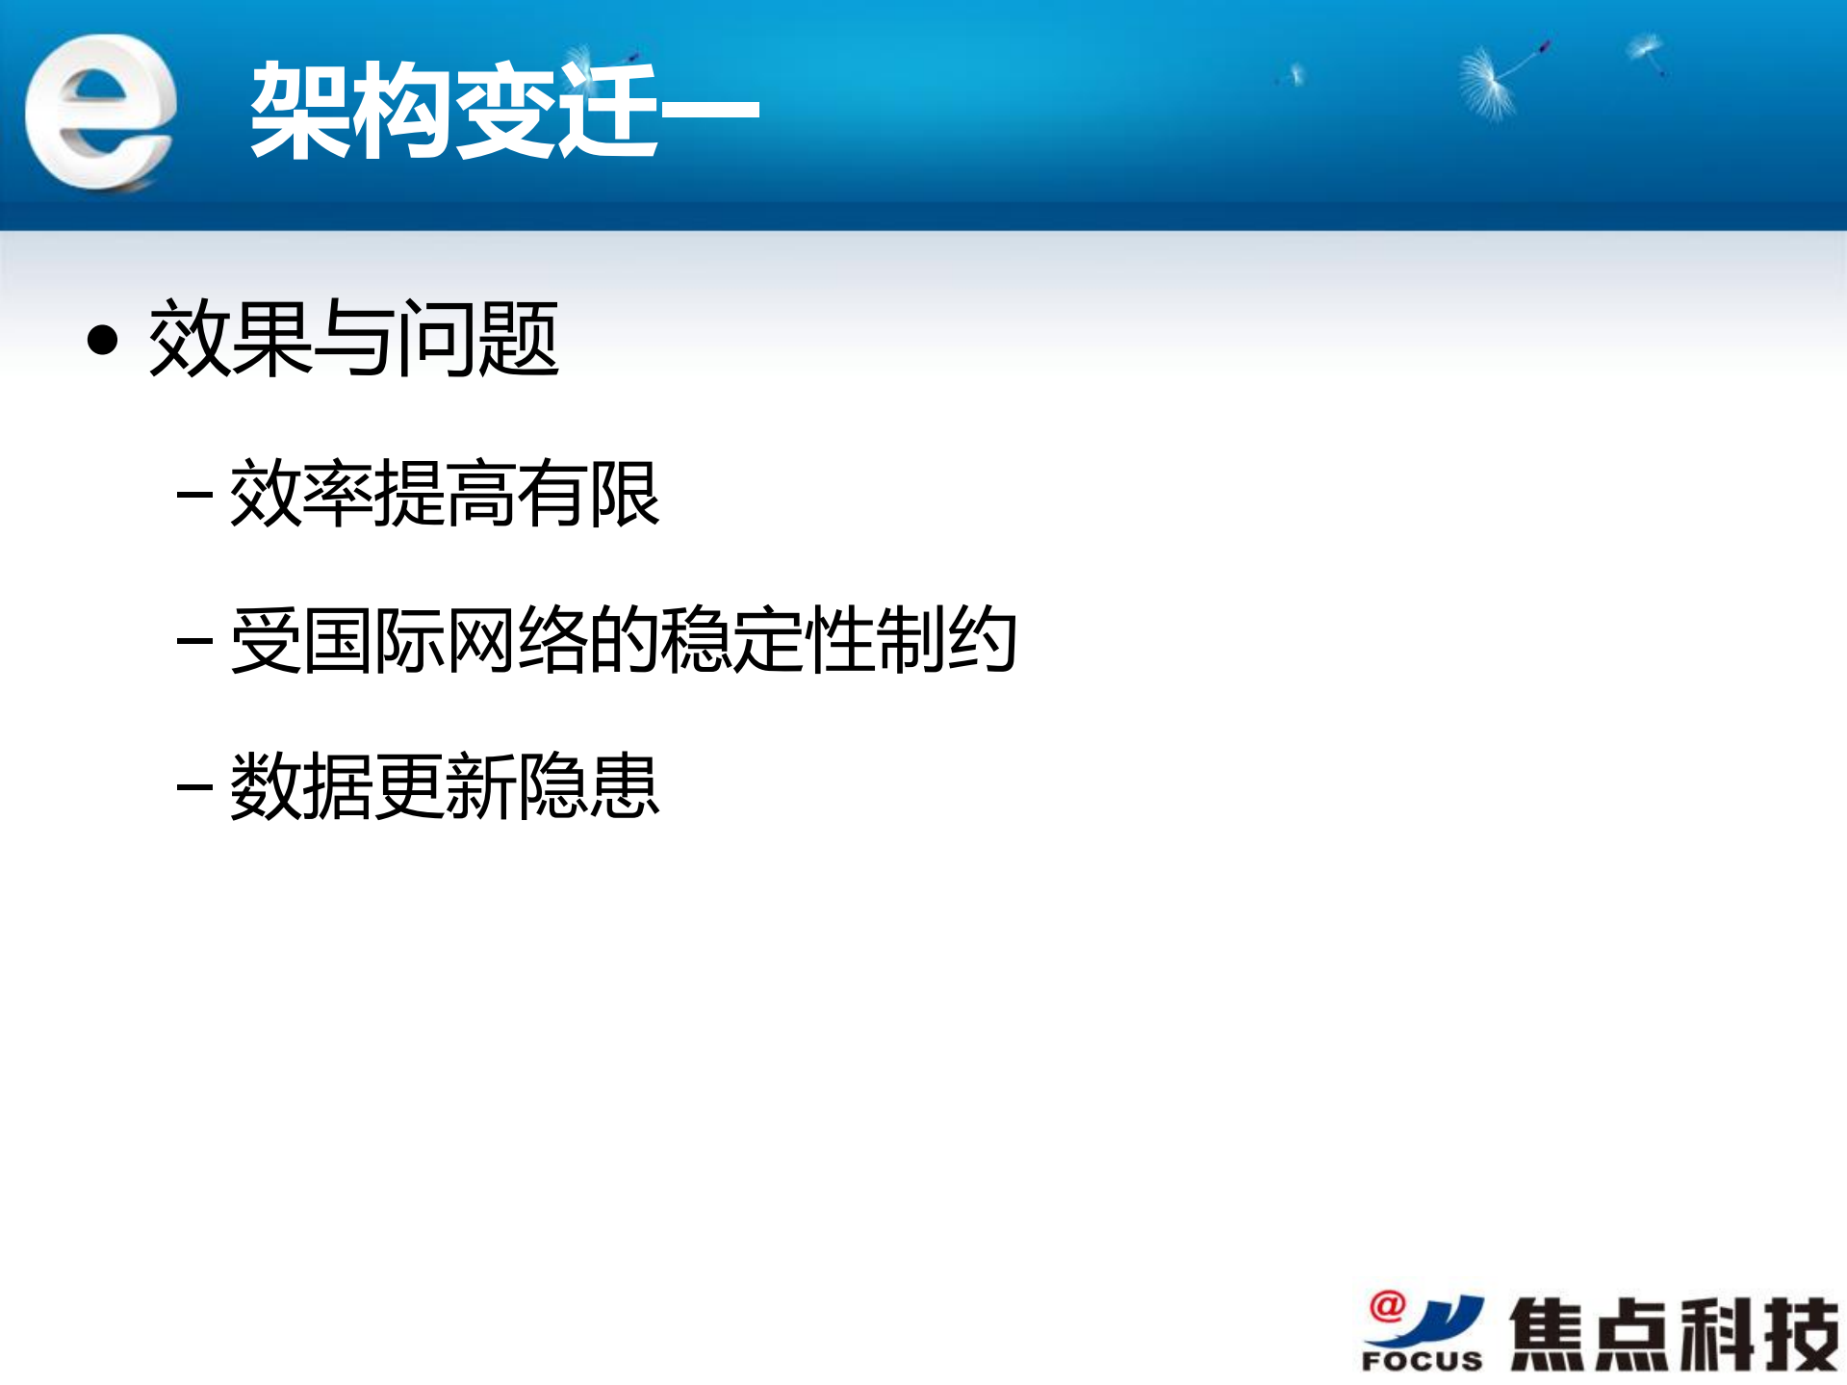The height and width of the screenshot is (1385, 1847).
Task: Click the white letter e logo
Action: [x=100, y=112]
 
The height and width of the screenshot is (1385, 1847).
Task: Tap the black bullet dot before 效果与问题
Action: [x=102, y=340]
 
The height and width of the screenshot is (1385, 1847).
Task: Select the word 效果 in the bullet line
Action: [x=230, y=339]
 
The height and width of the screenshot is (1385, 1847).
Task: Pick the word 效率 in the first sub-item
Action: [x=301, y=494]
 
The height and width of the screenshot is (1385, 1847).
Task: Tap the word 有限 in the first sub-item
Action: [x=588, y=494]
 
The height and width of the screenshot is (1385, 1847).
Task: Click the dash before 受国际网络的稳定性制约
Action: [x=194, y=640]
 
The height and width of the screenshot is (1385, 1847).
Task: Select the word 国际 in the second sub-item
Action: [x=373, y=640]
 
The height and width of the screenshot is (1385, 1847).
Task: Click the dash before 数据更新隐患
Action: [x=194, y=786]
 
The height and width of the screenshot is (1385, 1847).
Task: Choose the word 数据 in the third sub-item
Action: [x=301, y=786]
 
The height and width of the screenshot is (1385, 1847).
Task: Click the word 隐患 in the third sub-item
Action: [x=588, y=786]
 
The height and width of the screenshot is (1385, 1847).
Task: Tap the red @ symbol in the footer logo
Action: [x=1387, y=1306]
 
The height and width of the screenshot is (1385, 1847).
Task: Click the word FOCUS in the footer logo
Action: [x=1422, y=1361]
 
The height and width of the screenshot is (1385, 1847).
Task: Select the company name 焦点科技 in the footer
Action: [x=1674, y=1334]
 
